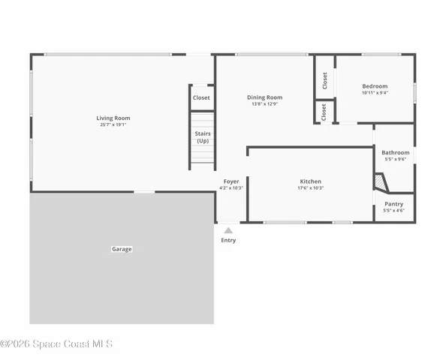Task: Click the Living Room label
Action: (113, 118)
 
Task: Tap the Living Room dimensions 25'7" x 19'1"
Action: (113, 125)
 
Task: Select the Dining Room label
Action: (265, 97)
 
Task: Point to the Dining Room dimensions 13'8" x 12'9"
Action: (265, 104)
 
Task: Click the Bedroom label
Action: (375, 86)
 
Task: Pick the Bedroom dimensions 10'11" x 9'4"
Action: (375, 93)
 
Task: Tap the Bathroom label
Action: (395, 152)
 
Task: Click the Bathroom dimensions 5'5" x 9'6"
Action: (395, 159)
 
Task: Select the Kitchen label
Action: (311, 181)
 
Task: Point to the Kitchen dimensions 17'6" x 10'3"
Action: (311, 188)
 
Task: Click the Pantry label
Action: (393, 204)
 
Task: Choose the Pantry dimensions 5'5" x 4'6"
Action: (393, 211)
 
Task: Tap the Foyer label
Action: (231, 181)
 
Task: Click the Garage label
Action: (122, 249)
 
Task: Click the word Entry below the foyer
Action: (228, 240)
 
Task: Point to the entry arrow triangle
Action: (228, 230)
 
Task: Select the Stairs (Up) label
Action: (203, 137)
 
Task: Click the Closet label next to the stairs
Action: (201, 97)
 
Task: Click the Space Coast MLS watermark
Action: (56, 344)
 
